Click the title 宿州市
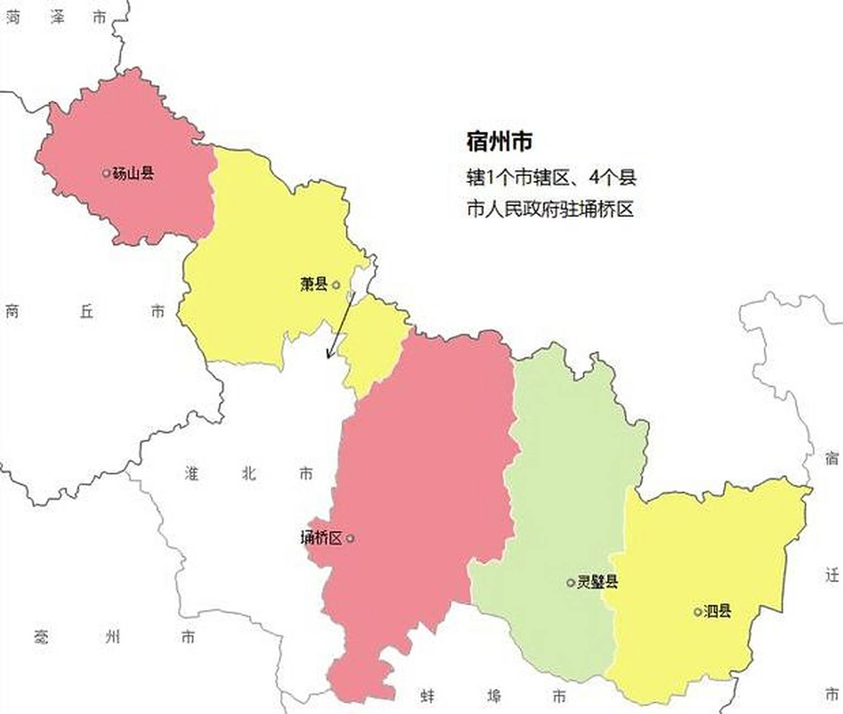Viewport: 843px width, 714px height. coord(499,142)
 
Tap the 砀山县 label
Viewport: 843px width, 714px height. coord(133,173)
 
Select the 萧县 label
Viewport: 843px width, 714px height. coord(313,284)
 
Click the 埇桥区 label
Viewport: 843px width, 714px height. coord(321,538)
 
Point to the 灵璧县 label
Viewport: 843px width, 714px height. coord(597,582)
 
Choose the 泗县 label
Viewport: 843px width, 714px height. coord(718,611)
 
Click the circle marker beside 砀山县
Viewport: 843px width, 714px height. coord(106,173)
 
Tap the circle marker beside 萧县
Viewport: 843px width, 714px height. coord(336,285)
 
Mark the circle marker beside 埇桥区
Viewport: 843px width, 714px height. coord(350,538)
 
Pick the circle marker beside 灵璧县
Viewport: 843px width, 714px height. coord(570,583)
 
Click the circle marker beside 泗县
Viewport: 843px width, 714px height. coord(697,612)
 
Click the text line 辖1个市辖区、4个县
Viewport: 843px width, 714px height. coord(551,178)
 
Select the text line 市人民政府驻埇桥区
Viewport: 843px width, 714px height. coord(550,210)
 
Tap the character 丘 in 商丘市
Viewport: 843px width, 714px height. coord(86,311)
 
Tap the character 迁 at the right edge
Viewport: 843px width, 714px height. coord(832,575)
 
